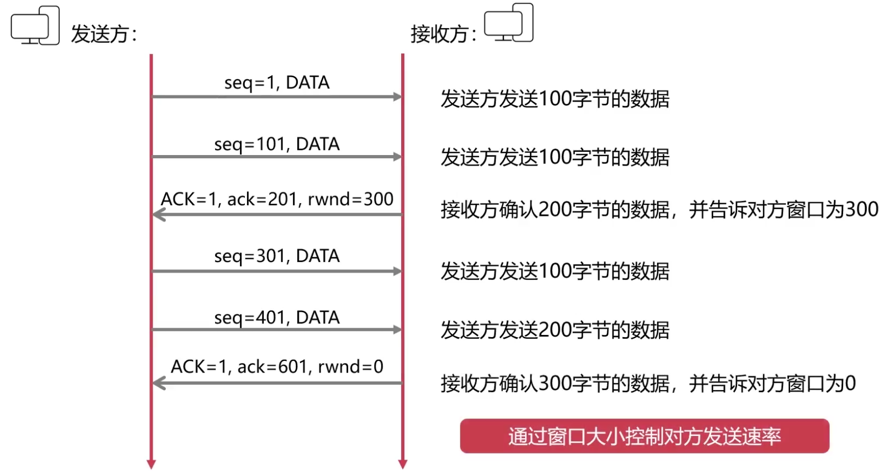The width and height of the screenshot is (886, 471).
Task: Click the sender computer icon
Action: click(x=35, y=25)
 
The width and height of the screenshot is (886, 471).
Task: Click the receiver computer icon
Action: click(x=509, y=23)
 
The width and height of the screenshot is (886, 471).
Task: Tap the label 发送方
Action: click(x=101, y=34)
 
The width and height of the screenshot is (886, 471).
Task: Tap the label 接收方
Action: click(x=440, y=34)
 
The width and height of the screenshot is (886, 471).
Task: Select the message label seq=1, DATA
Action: click(x=277, y=83)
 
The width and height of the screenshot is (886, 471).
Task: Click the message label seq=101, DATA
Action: click(x=277, y=144)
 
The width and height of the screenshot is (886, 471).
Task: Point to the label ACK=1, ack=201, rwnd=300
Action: click(x=277, y=200)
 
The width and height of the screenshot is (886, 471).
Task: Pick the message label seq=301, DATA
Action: click(x=277, y=256)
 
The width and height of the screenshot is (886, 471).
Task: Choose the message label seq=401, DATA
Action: click(x=277, y=318)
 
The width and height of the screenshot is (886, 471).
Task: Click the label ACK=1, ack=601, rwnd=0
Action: click(x=277, y=367)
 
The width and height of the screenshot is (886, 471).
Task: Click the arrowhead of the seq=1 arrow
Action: click(x=397, y=97)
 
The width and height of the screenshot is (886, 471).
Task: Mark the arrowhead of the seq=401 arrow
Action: click(x=397, y=330)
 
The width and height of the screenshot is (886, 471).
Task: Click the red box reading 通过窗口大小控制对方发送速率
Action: click(x=644, y=436)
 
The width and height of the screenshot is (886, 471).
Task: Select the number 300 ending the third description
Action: click(x=862, y=210)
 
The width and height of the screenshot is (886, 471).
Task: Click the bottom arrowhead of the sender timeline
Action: click(x=151, y=464)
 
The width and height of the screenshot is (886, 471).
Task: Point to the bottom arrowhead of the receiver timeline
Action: click(x=403, y=464)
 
